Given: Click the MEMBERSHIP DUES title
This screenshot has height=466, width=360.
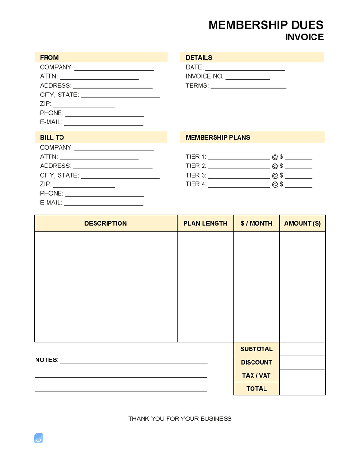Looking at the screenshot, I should pos(265,25).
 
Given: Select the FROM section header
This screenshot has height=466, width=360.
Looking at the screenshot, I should pos(49,57).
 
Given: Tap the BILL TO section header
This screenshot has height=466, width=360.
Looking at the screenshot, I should pos(52,137).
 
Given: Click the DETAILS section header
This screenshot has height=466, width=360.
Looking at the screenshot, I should pos(199,57).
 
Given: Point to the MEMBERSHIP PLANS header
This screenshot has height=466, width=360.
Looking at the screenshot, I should pos(217,137).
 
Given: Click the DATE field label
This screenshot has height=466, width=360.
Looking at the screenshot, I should pos(194,67).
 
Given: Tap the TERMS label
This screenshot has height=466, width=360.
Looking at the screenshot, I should pos(197,86).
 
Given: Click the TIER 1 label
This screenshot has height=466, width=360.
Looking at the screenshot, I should pos(196,156).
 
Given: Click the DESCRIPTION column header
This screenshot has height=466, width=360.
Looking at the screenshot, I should pos(106,223).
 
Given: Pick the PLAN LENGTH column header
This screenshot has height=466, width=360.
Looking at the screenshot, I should pos(205,223).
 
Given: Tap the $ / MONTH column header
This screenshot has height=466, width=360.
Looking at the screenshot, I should pos(256,223).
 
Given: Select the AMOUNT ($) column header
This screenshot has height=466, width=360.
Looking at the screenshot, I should pos(302,223).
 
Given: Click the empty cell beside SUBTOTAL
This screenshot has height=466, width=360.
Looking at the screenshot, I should pos(302,349).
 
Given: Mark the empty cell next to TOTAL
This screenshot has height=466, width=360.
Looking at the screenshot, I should pos(302,389).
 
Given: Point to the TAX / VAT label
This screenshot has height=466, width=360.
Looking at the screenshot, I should pos(256,376).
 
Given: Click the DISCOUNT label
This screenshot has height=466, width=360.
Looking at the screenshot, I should pos(256,362).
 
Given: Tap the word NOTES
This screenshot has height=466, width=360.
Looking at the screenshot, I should pos(46,360).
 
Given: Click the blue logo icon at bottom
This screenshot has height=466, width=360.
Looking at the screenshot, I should pos(38,438).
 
